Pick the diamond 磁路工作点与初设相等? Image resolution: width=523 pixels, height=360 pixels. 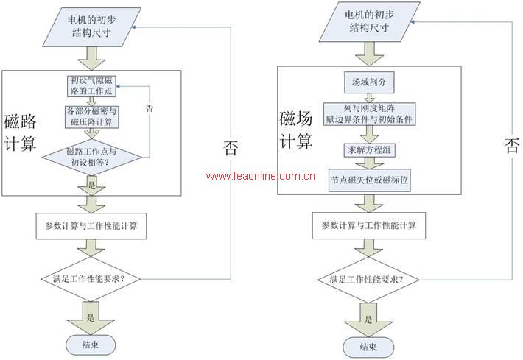click(91, 156)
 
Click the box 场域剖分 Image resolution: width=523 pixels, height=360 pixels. click(365, 79)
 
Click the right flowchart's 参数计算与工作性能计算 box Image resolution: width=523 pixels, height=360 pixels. click(369, 225)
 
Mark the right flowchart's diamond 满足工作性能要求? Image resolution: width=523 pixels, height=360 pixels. click(366, 279)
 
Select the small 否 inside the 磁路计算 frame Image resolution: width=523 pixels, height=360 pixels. click(150, 107)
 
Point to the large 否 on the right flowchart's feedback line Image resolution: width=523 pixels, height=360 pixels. click(511, 145)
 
